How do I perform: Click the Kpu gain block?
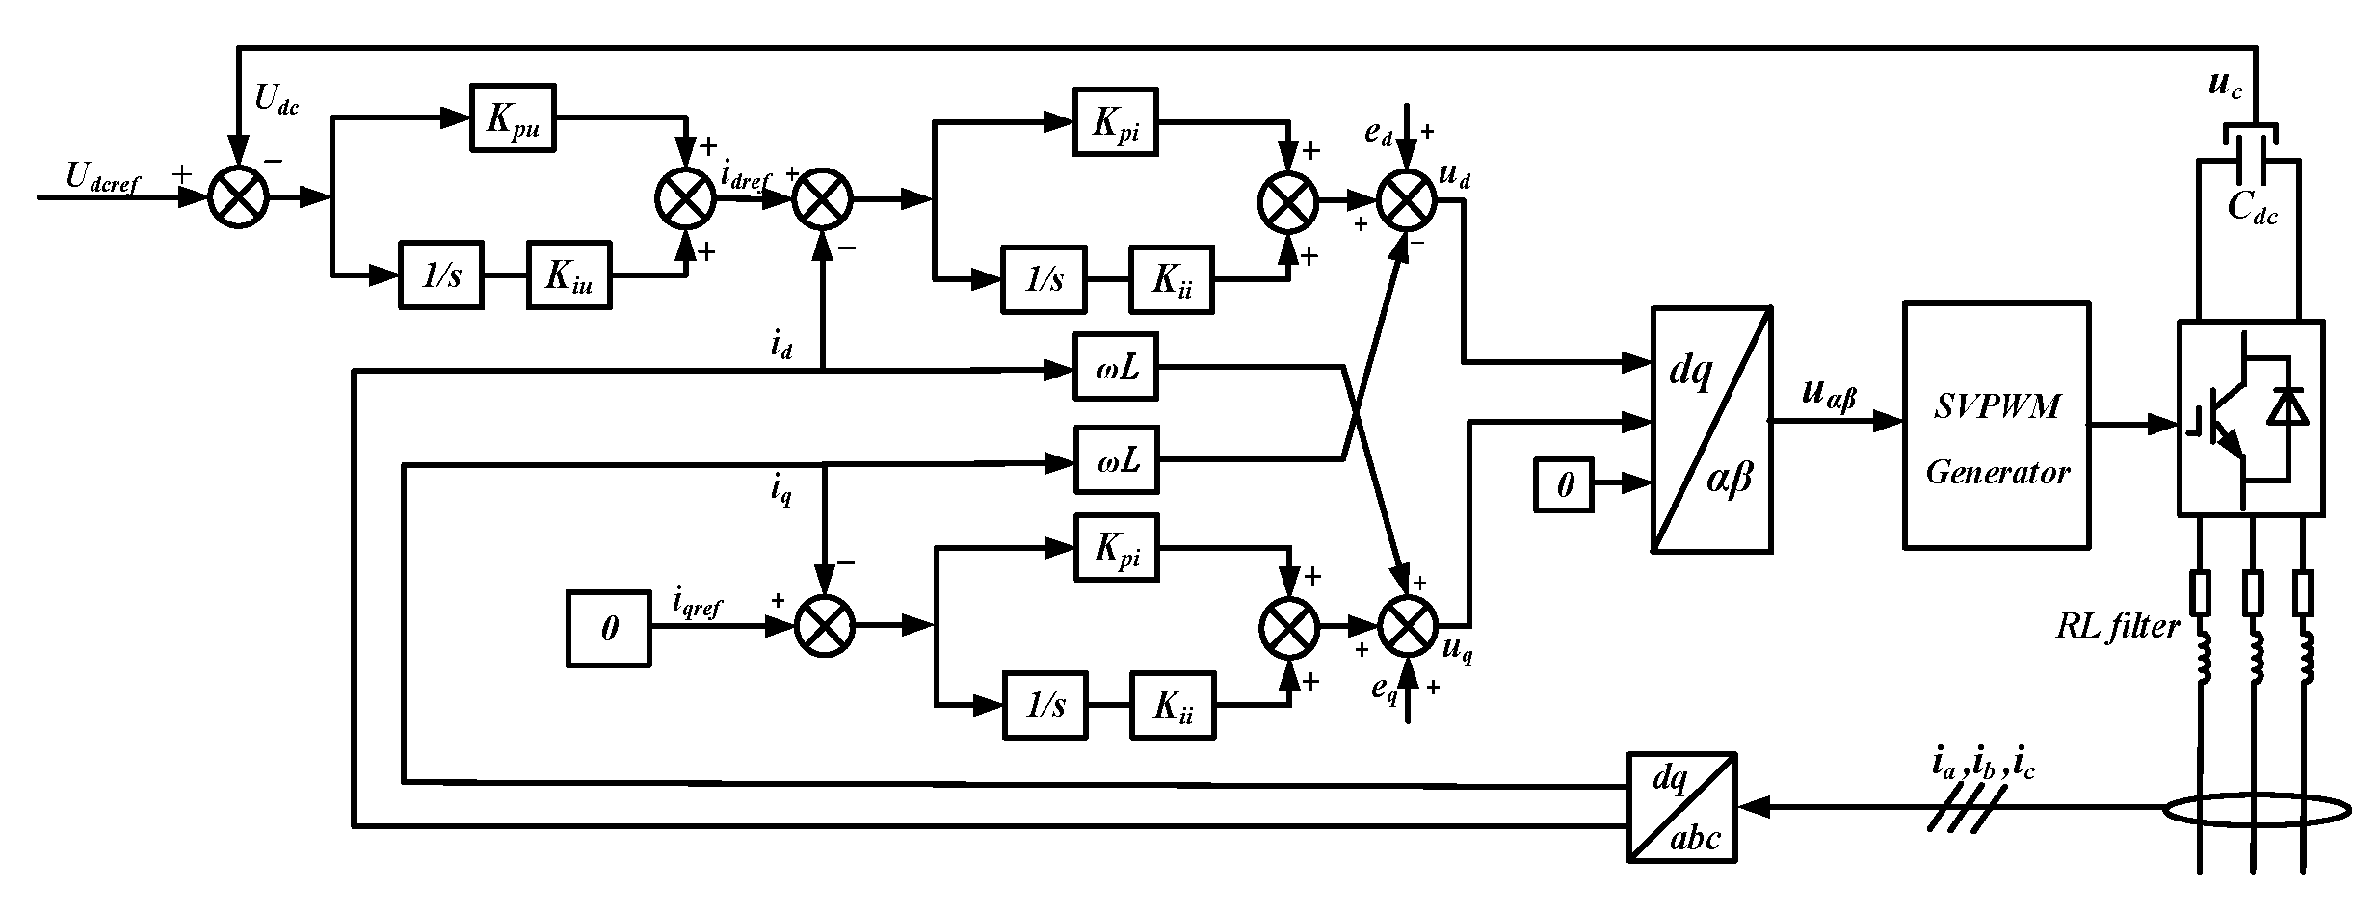tap(513, 117)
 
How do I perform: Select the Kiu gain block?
tap(568, 275)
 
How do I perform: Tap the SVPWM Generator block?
tap(1996, 426)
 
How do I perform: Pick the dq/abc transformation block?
tap(1681, 807)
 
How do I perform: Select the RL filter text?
tap(2116, 628)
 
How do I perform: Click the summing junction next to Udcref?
tap(238, 198)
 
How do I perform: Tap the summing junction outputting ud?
tap(1406, 200)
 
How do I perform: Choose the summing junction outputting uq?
tap(1406, 626)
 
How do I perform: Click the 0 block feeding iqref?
tap(608, 630)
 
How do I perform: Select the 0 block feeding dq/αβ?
tap(1563, 484)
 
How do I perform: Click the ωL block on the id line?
tap(1116, 368)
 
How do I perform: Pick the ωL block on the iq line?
tap(1116, 460)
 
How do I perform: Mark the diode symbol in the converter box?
tap(2287, 407)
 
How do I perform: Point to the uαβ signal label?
tap(1828, 395)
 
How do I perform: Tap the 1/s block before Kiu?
tap(441, 275)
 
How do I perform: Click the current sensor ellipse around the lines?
tap(2254, 811)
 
